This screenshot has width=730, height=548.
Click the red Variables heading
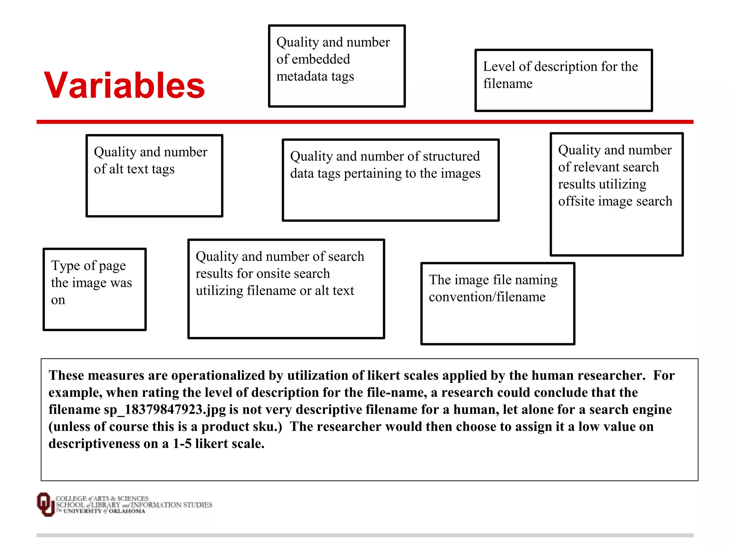[x=124, y=85]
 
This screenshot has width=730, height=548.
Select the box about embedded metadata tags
[x=337, y=66]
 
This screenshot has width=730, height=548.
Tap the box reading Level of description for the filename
[x=564, y=80]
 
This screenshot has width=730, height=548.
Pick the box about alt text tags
[x=154, y=176]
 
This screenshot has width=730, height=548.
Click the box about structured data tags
[x=391, y=180]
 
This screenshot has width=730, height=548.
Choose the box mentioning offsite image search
[x=617, y=194]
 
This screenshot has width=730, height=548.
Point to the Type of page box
[x=94, y=289]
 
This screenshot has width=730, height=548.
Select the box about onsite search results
[x=286, y=289]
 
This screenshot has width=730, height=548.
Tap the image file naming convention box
[x=498, y=304]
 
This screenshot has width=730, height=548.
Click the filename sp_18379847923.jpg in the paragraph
[x=165, y=410]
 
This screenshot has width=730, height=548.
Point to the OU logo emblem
[x=45, y=504]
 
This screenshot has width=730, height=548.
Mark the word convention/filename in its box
[x=487, y=297]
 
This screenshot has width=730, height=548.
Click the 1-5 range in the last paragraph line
[x=182, y=444]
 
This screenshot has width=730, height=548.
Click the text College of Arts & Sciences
[x=102, y=498]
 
